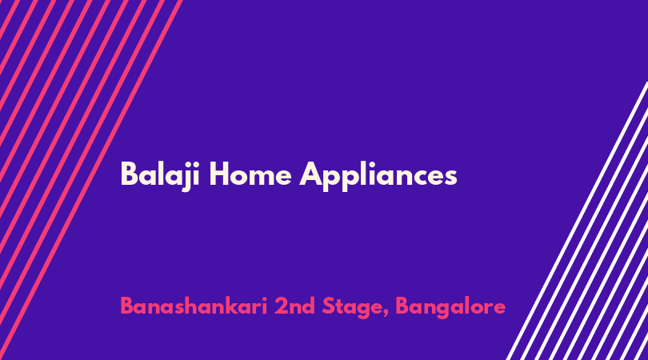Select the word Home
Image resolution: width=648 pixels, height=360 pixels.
pyautogui.click(x=250, y=174)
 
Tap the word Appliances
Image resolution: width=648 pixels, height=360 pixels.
pyautogui.click(x=378, y=177)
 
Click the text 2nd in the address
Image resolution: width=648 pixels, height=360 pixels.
pyautogui.click(x=295, y=306)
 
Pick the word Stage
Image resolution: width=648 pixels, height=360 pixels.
pyautogui.click(x=354, y=308)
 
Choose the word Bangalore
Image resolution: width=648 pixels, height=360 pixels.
pyautogui.click(x=451, y=308)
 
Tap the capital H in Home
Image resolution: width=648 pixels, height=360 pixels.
pyautogui.click(x=219, y=174)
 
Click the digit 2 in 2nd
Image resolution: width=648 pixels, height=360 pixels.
pyautogui.click(x=281, y=306)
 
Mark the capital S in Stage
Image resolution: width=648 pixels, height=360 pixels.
pyautogui.click(x=329, y=306)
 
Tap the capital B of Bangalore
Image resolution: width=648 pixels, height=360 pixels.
pyautogui.click(x=402, y=306)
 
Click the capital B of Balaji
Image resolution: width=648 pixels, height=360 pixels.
pyautogui.click(x=129, y=174)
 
